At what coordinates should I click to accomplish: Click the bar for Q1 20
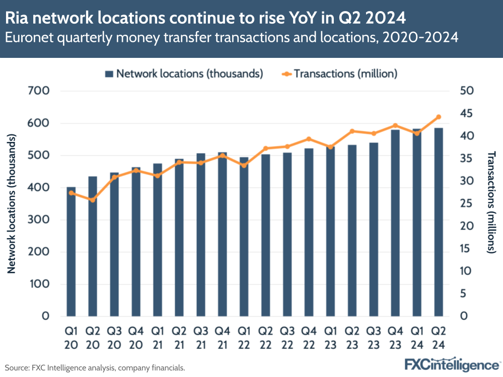[71, 252]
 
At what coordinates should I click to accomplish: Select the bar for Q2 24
[438, 222]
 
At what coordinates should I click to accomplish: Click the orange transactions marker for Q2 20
[93, 200]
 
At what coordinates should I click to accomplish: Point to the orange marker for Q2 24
[438, 117]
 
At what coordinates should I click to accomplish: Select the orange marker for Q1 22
[244, 165]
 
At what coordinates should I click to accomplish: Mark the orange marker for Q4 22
[309, 139]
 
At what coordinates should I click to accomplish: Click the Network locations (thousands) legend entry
[184, 73]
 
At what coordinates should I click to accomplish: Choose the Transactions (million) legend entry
[340, 73]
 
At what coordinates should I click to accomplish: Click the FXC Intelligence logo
[452, 364]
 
